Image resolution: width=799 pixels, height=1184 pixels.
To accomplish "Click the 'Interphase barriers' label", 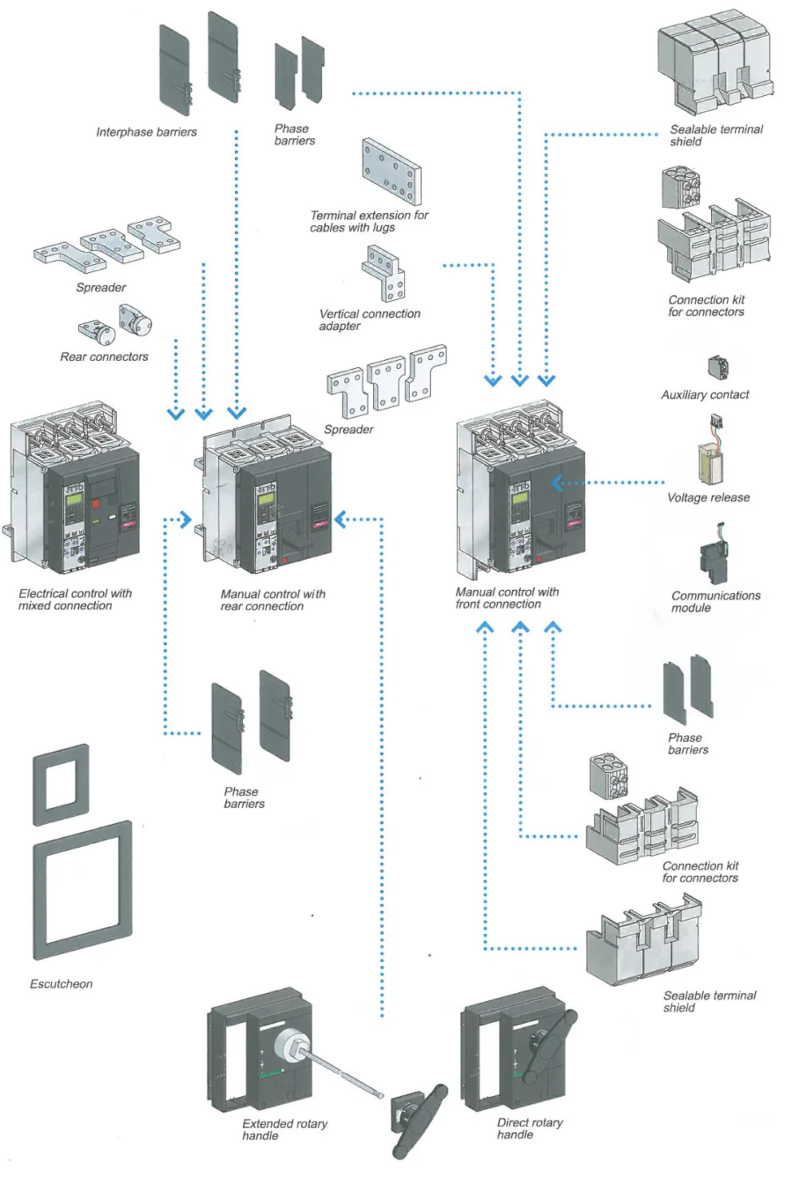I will coord(146,133).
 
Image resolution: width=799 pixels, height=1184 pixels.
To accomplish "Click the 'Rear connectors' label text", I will coord(104,357).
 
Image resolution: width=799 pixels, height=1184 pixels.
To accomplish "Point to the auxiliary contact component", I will coord(718,368).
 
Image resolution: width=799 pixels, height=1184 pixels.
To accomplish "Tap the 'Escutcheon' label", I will coord(62,984).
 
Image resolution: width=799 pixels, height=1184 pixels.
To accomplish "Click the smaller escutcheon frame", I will coord(62,785).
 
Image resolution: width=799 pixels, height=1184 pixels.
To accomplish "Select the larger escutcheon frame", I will coord(83,890).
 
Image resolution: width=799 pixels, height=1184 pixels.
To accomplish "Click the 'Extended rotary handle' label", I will coord(284,1130).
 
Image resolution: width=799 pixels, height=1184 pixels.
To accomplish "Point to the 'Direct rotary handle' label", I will coord(529,1129).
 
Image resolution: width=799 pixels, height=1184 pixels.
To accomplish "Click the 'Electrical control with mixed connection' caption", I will coord(75,600).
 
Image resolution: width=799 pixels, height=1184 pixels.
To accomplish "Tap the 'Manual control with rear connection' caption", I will coord(272,600).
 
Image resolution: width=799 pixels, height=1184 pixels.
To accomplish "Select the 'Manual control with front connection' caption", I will coord(507,598).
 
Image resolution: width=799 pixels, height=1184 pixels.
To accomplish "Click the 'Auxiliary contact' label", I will coord(705,395).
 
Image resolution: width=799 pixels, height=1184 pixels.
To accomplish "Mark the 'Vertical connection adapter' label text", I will coord(369,320).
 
